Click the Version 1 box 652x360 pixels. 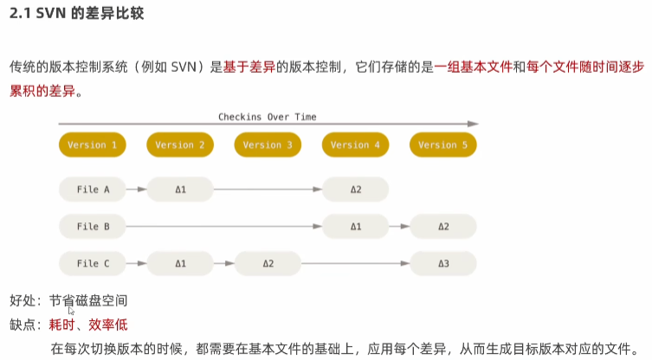(x=93, y=145)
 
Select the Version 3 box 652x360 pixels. (x=268, y=145)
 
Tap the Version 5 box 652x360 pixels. (x=442, y=145)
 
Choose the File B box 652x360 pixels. (x=93, y=227)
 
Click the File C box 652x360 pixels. (x=93, y=264)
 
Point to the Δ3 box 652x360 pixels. (x=442, y=264)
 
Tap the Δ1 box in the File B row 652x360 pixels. (x=355, y=227)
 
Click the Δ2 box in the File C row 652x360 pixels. (x=268, y=264)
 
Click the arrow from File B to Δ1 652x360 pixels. (x=224, y=227)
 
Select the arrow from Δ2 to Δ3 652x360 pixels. (x=355, y=264)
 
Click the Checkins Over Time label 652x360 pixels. (x=267, y=117)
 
